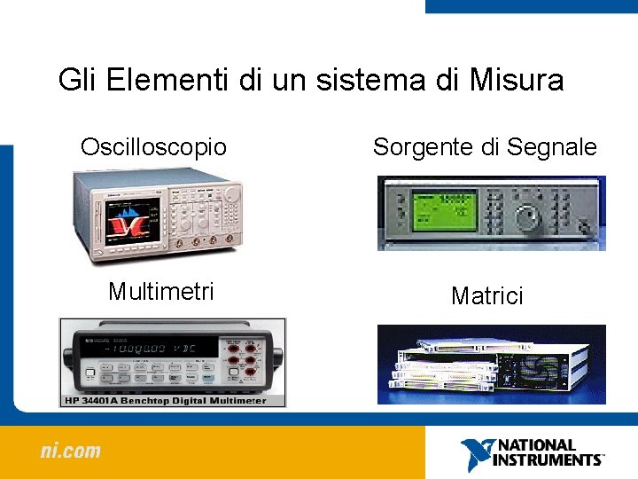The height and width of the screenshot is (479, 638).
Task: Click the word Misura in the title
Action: [516, 81]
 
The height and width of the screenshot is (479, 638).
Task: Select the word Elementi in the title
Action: [169, 81]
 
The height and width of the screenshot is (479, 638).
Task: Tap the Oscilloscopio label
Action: [153, 146]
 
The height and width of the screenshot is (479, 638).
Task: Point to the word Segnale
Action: [552, 148]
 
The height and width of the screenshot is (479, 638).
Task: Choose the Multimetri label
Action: [160, 291]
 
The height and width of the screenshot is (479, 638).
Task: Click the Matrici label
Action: [486, 295]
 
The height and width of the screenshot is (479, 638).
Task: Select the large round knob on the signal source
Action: [528, 216]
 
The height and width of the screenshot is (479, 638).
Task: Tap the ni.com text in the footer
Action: [71, 452]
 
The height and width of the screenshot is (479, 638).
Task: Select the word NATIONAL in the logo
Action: [537, 445]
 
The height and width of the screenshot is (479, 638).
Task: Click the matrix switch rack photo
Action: [491, 365]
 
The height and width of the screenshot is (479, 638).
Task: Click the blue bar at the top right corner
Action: [531, 6]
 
